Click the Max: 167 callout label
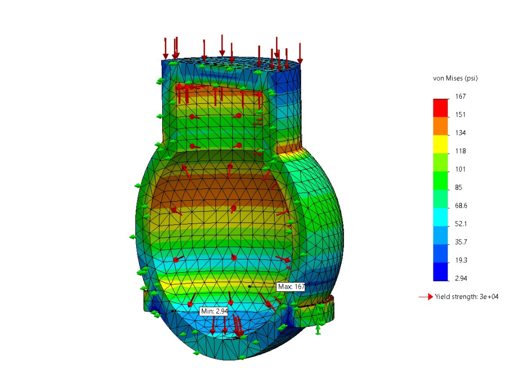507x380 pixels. coord(291,287)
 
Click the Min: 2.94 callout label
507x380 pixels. coord(213,311)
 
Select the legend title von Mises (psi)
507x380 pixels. coord(455,78)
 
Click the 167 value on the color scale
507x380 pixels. coord(460,96)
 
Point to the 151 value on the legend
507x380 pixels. coord(460,115)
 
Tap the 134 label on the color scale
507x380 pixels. coord(460,133)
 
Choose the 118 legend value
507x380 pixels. coord(460,151)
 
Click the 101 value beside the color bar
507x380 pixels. coord(460,169)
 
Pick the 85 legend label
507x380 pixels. coord(459,187)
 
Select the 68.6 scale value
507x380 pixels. coord(461,206)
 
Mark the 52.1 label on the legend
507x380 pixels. coord(461,224)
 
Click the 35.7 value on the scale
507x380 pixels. coord(461,242)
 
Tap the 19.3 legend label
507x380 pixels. coord(461,260)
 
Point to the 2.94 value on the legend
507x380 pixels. coord(461,279)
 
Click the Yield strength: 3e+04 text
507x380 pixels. coord(466,296)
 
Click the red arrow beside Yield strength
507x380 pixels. coord(425,296)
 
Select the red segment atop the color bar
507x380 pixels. coord(441,107)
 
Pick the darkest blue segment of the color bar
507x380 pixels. coord(441,272)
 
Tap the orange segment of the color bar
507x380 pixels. coord(441,126)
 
